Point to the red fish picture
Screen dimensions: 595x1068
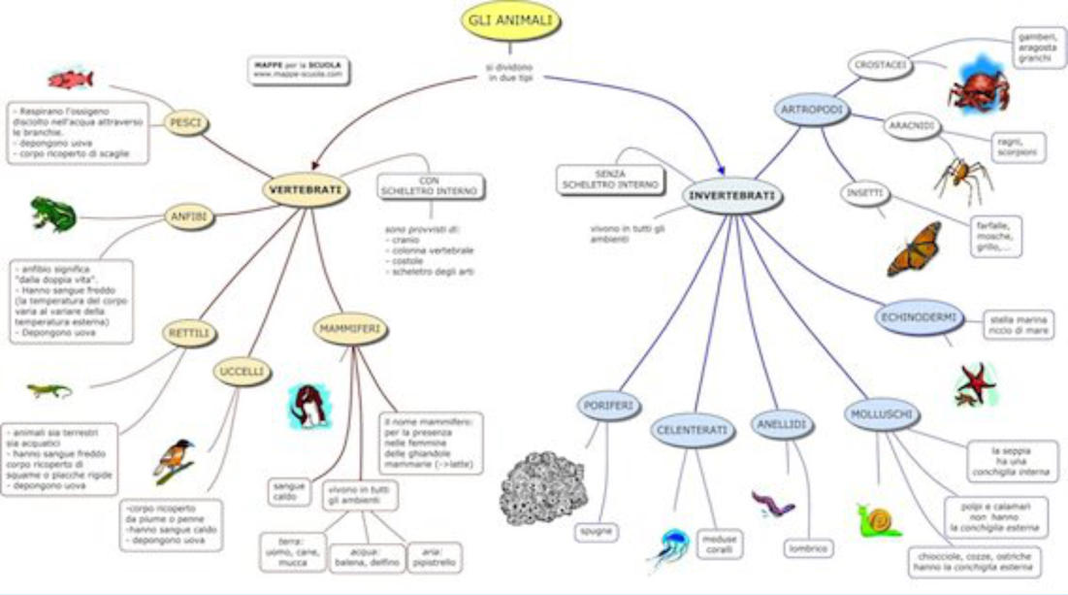[70, 79]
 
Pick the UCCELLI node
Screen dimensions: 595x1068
[241, 371]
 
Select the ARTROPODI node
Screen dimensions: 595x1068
[812, 111]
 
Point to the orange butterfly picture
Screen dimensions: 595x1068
[914, 249]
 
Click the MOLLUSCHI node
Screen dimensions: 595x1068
[880, 415]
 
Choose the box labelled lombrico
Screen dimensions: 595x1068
[807, 548]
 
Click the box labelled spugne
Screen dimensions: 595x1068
[596, 532]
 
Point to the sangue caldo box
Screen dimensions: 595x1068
[290, 490]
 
